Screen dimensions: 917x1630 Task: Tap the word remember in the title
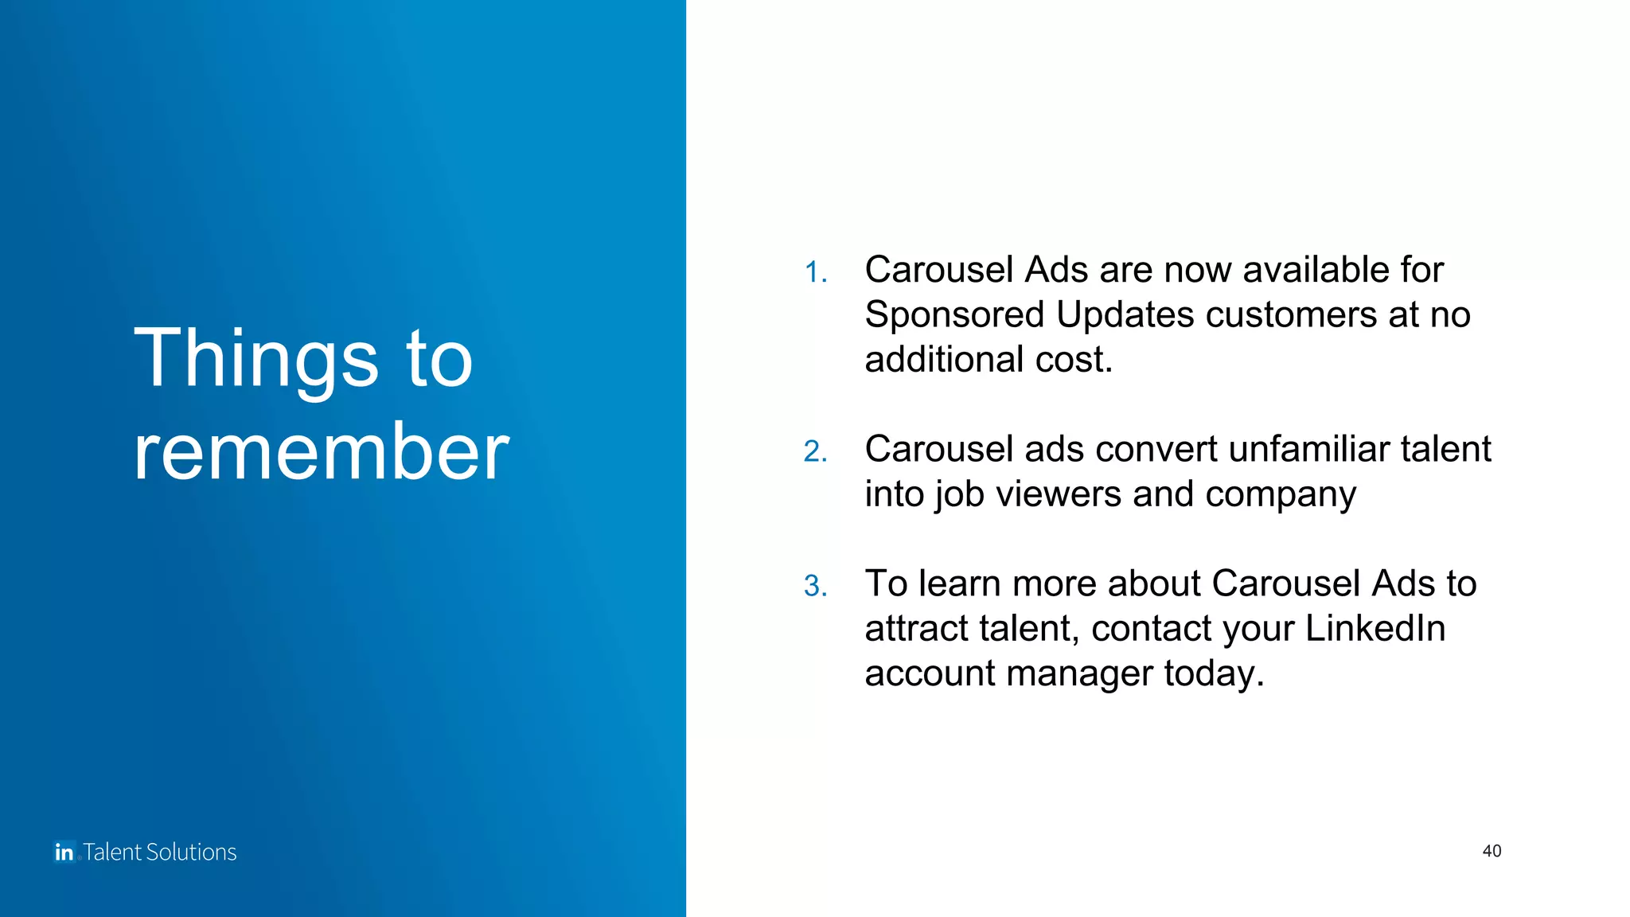(x=321, y=452)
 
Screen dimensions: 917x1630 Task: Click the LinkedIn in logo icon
(x=64, y=852)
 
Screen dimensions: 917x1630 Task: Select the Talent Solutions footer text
(x=160, y=852)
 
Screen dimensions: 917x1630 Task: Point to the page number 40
(x=1492, y=851)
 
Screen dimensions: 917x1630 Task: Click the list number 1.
(x=815, y=272)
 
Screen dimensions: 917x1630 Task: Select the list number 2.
(x=815, y=451)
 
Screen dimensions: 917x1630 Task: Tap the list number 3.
(x=815, y=586)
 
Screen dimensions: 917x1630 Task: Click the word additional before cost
(x=944, y=360)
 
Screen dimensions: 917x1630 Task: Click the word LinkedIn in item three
(x=1375, y=628)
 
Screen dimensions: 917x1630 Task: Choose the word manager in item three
(x=1078, y=674)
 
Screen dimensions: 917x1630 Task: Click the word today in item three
(x=1212, y=674)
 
